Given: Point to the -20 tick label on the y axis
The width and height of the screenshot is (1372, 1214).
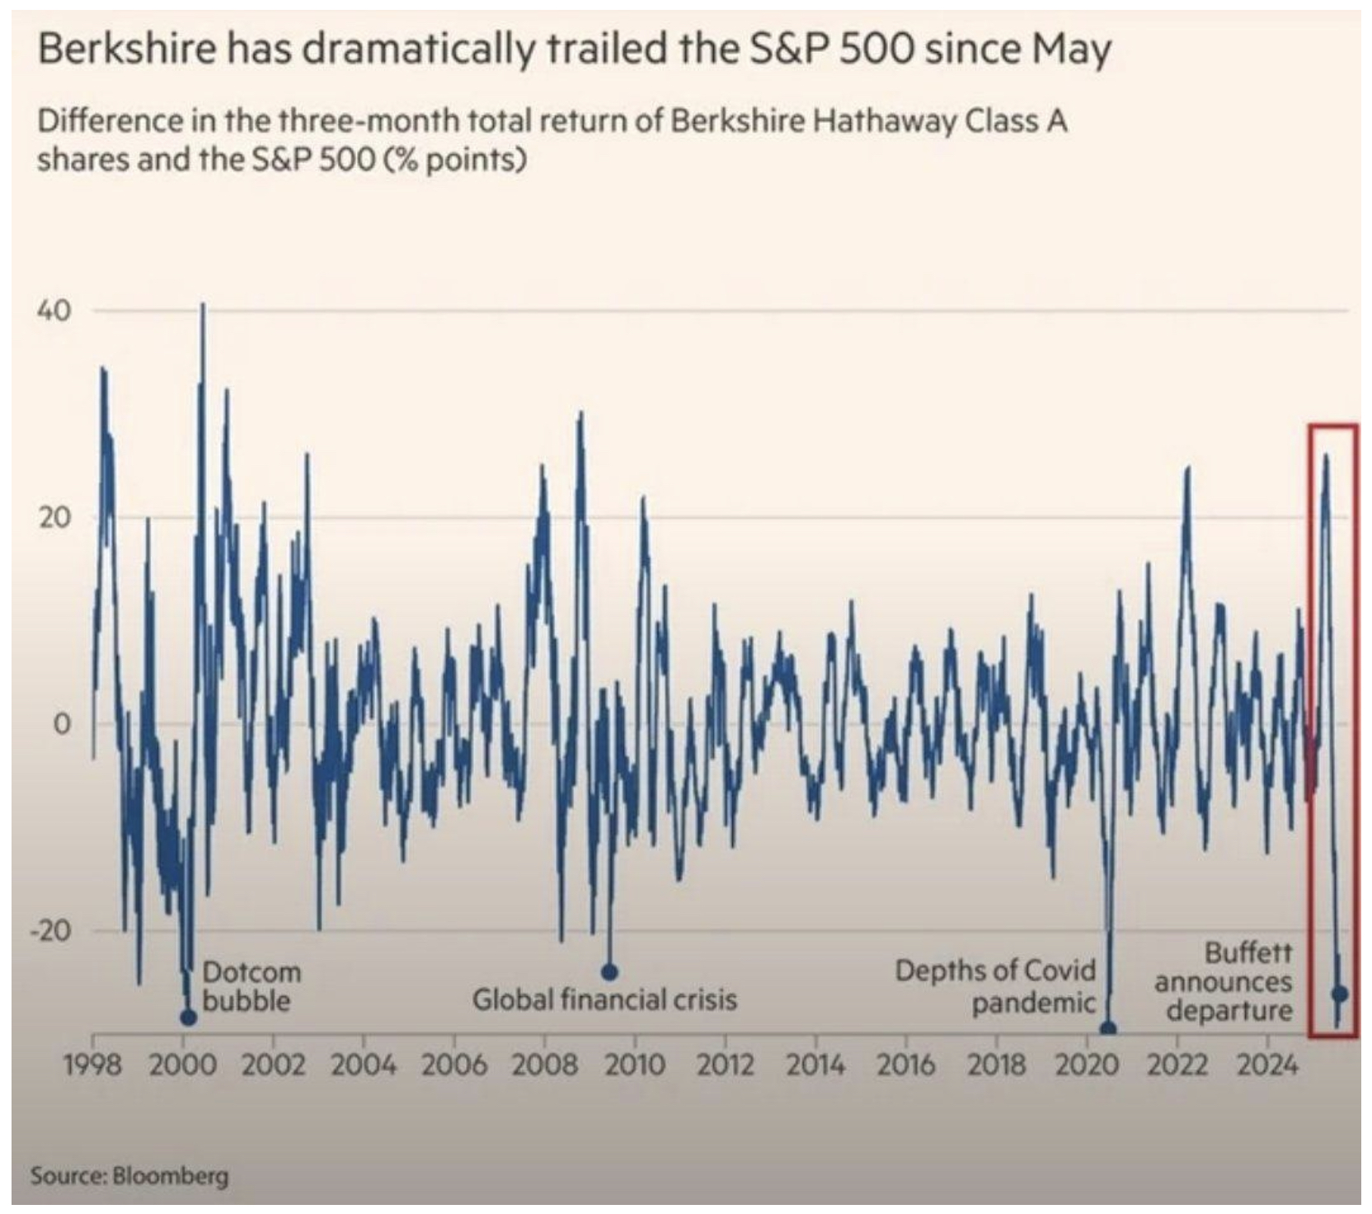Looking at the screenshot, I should [x=50, y=931].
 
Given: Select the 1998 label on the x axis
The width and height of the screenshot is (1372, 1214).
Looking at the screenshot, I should [x=93, y=1066].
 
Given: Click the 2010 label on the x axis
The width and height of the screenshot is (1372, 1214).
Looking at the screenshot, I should [x=635, y=1066].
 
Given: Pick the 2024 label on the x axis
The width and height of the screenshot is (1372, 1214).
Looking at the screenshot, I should [x=1268, y=1066].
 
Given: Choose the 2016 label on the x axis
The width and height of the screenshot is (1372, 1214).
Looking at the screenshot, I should [x=905, y=1066].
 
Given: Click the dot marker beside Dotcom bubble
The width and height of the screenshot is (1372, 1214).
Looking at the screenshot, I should [x=188, y=1018].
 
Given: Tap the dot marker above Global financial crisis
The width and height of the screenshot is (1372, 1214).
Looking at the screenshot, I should [x=609, y=972].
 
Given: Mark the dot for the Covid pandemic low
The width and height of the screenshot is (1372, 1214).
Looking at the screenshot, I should [x=1109, y=1029].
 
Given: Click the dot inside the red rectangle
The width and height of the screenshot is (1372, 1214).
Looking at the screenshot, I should [x=1340, y=994].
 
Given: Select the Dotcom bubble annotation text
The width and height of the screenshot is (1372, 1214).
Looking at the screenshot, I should [x=251, y=986].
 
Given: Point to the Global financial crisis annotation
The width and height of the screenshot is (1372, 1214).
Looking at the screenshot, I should [x=604, y=1000].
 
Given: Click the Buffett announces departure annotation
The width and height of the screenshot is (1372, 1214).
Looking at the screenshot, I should [x=1224, y=981].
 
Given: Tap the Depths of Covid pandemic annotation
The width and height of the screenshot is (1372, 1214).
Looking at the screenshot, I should [x=996, y=986].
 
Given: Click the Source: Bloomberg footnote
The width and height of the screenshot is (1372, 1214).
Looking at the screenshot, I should [x=129, y=1175].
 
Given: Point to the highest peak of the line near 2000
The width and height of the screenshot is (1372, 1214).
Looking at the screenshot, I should [x=203, y=304].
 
